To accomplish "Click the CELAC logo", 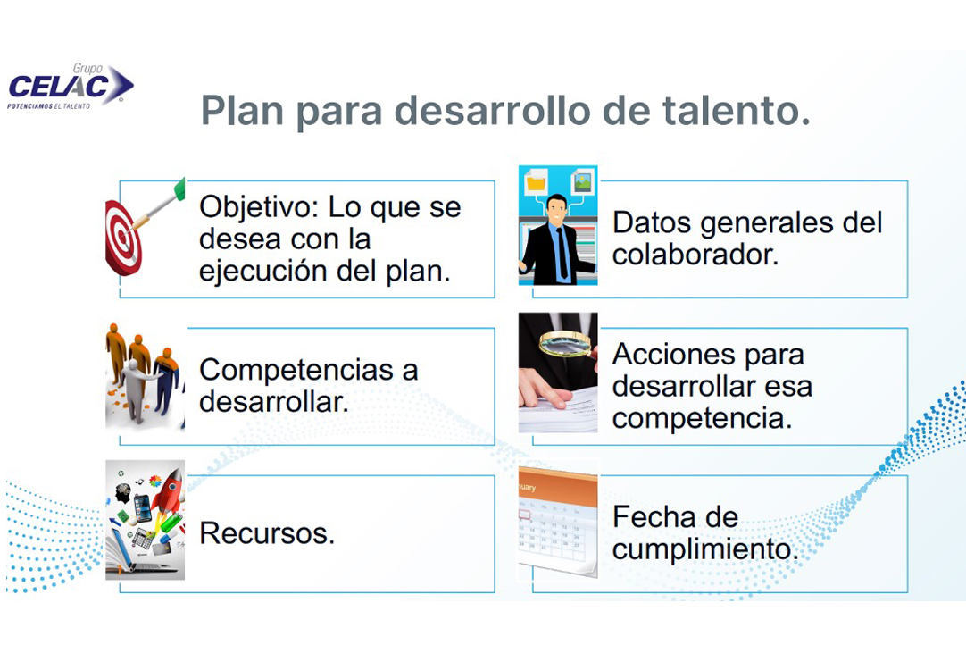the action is [71, 87].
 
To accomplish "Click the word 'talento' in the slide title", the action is [737, 111].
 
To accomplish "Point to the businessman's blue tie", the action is [562, 253].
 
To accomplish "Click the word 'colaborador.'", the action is [695, 255].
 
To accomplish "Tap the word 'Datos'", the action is [651, 222].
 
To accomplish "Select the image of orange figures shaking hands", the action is [145, 376].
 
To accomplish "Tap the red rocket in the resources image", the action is [169, 493].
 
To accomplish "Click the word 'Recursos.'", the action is [267, 533].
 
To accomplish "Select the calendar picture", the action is [557, 522].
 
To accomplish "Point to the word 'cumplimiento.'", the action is [705, 549].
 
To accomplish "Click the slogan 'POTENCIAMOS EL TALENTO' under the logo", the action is [49, 106].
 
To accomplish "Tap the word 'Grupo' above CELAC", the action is [87, 69].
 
